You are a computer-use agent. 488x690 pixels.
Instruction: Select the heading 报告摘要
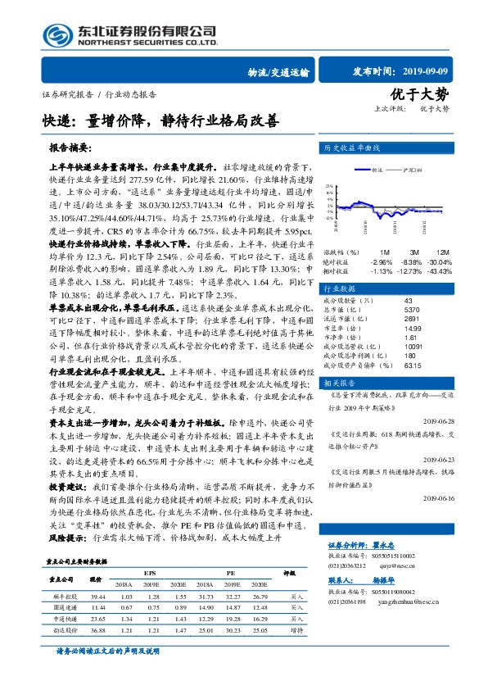71,149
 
